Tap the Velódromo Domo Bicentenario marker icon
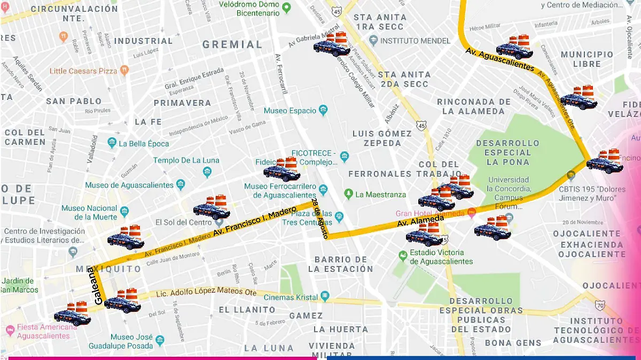(x=286, y=8)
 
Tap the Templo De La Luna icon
(x=207, y=172)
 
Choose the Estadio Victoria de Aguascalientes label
(x=441, y=257)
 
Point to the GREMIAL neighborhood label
(x=232, y=45)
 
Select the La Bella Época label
(x=144, y=144)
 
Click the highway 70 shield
(x=600, y=306)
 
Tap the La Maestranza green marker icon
(x=348, y=194)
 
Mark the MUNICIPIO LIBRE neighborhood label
(x=587, y=59)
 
